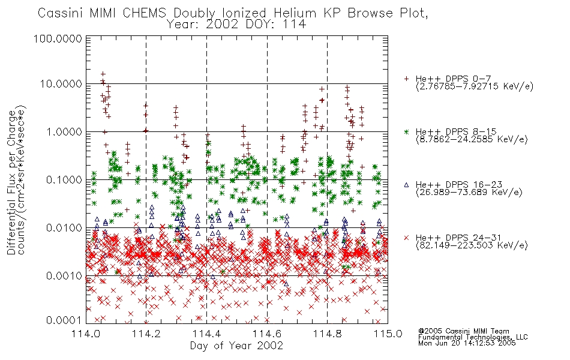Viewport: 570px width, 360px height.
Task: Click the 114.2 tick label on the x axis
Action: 146,334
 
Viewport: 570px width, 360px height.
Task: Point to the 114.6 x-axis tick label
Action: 267,334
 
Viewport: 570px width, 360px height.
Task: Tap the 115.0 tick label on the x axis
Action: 388,334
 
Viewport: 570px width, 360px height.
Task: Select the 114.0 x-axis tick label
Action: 86,334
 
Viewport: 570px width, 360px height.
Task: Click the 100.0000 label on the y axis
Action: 58,38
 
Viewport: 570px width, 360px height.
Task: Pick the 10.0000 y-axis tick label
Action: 61,84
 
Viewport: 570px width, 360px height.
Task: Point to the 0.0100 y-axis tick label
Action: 64,228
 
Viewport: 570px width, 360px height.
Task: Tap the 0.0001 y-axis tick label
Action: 64,320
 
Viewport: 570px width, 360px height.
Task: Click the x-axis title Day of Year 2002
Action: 236,346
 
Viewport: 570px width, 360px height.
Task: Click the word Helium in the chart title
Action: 295,13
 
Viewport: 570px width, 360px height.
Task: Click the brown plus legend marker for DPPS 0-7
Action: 406,79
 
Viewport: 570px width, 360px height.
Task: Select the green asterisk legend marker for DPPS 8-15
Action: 406,131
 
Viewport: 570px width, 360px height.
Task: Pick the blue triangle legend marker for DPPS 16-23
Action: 406,185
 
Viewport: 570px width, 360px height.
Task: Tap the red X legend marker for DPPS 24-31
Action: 406,238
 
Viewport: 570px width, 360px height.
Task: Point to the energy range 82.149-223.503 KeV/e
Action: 472,245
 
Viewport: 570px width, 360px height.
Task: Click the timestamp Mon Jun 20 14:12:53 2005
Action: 467,343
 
